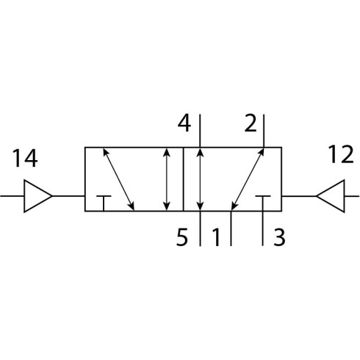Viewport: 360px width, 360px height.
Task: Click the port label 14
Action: point(25,158)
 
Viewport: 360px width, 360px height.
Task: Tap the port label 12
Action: point(341,154)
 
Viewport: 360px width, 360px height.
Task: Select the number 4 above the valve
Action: point(184,123)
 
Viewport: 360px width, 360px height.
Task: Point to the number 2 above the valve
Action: point(251,123)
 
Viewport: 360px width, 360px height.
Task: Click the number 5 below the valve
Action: point(182,237)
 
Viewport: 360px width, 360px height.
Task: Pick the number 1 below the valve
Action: point(216,237)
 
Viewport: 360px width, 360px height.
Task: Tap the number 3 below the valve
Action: point(279,237)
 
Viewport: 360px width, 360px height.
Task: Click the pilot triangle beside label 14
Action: point(37,196)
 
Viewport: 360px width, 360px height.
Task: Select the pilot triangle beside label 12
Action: point(331,196)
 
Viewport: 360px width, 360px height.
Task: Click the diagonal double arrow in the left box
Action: point(118,179)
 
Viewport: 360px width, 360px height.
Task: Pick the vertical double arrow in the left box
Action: point(167,179)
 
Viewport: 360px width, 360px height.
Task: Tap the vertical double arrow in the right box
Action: point(201,179)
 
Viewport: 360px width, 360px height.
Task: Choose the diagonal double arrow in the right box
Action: point(248,179)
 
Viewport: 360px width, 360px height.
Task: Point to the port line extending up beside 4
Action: point(200,131)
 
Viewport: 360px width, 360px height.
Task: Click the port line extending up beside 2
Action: point(264,131)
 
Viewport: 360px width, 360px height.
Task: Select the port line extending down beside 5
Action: point(201,228)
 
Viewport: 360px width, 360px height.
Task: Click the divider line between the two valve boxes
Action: point(183,179)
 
